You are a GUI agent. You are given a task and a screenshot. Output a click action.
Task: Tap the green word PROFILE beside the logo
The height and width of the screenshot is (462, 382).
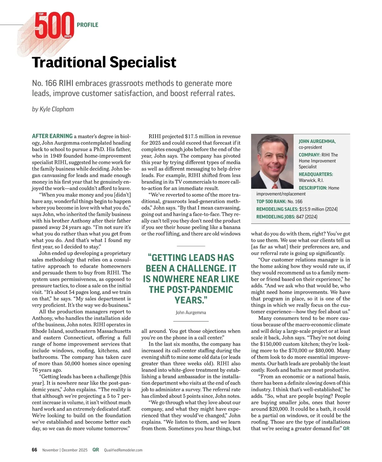coord(88,25)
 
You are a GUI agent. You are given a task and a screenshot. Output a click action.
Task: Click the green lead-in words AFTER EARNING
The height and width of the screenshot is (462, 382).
coord(52,136)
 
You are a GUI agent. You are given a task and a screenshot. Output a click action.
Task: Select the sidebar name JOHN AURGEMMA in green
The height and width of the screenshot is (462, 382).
coord(317,141)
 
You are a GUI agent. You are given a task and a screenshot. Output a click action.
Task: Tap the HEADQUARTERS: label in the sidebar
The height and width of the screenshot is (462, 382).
coord(316,174)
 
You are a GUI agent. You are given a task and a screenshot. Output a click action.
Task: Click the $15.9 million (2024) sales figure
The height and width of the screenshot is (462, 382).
coord(318,209)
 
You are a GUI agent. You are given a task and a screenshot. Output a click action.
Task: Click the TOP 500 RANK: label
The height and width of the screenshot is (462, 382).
coord(271,202)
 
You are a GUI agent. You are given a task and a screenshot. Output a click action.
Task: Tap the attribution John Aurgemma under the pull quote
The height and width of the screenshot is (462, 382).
coord(191,313)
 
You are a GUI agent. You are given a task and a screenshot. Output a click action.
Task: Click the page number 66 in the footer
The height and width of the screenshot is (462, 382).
coord(35,450)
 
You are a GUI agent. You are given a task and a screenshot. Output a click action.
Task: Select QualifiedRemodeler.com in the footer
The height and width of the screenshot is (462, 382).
coord(123,450)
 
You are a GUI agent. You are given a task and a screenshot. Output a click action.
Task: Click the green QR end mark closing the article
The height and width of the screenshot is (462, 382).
coord(346,429)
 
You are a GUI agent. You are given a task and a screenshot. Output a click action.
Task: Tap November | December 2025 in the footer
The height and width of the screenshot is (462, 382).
coord(65,450)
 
